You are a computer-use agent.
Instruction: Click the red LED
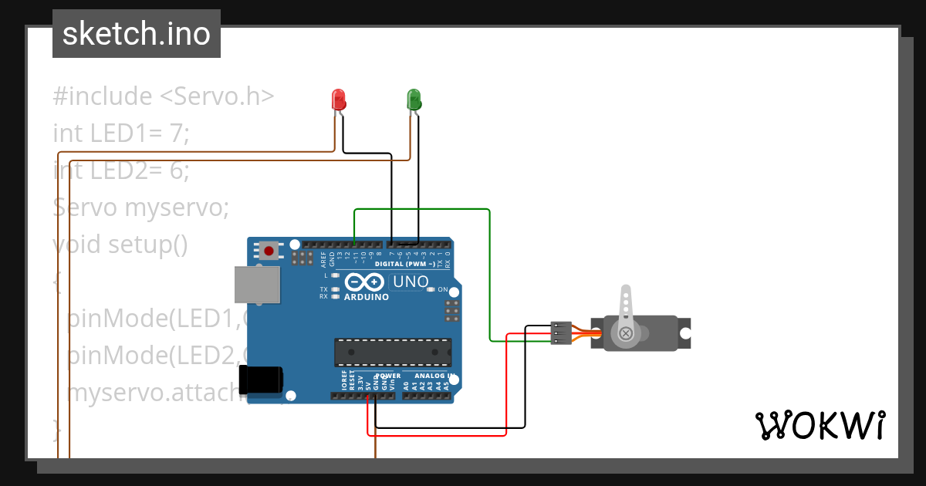click(x=338, y=100)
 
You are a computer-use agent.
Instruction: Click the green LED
click(x=414, y=100)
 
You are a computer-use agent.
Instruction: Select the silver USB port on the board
click(x=258, y=285)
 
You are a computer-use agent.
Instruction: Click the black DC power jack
click(x=261, y=380)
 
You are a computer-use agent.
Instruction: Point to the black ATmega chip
click(x=393, y=352)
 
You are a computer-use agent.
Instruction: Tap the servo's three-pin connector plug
click(x=561, y=333)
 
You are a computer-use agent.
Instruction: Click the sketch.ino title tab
click(x=137, y=34)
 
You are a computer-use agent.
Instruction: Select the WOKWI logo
click(x=820, y=425)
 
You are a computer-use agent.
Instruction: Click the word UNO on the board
click(x=411, y=282)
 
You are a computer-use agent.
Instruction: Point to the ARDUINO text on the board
click(x=366, y=297)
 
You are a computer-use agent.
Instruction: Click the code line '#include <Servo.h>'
click(x=164, y=96)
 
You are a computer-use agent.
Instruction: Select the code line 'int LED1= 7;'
click(x=121, y=133)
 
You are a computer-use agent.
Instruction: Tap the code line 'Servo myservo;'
click(x=130, y=208)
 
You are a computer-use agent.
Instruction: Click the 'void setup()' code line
click(x=120, y=245)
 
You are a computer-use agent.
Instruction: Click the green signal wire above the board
click(x=421, y=209)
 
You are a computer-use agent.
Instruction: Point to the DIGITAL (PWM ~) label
click(x=404, y=264)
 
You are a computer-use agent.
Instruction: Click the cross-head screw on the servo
click(x=626, y=333)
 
